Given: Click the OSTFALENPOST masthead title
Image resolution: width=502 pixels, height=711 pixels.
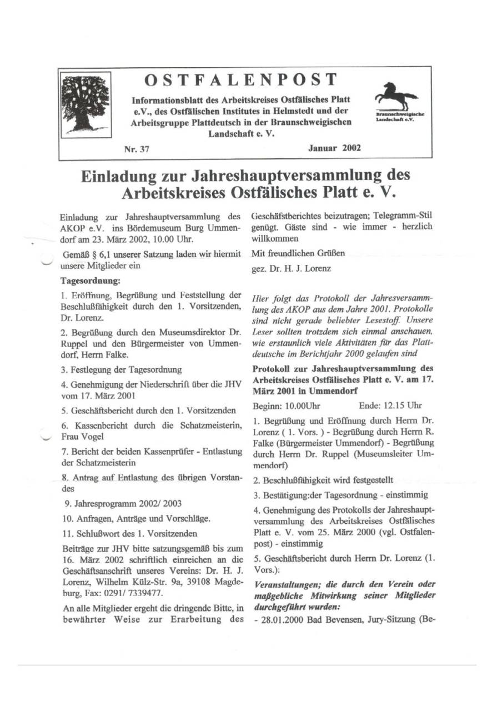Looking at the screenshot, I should [x=240, y=81].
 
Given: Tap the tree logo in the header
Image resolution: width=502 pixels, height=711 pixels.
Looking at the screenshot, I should [x=84, y=104].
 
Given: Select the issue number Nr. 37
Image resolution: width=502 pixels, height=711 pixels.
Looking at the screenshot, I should [x=137, y=149].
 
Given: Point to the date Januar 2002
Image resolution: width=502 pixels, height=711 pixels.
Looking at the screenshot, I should [x=334, y=148].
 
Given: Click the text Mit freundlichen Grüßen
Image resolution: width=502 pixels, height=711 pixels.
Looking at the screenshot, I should [x=290, y=253].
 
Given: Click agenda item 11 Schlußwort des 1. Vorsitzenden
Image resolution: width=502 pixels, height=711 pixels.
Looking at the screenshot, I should [x=129, y=534].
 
